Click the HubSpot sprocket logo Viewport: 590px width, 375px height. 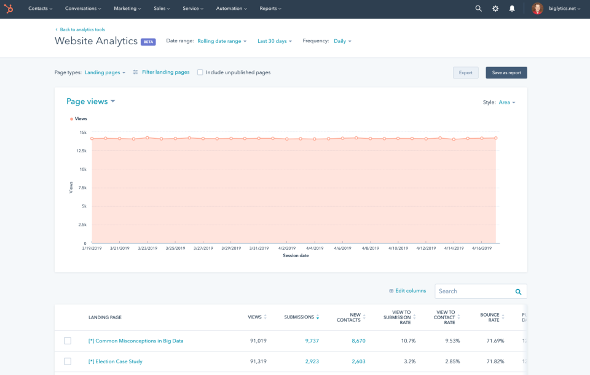(x=9, y=9)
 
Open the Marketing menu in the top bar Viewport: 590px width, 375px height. (x=127, y=9)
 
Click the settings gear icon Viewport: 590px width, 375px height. (x=495, y=9)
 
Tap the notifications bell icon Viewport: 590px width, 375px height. (x=512, y=9)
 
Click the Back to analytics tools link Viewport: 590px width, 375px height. (x=82, y=29)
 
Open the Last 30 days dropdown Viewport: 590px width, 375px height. (x=274, y=41)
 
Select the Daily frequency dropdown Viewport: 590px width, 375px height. (x=342, y=41)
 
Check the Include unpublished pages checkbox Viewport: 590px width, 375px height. (x=200, y=72)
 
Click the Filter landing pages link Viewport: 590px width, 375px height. (x=165, y=72)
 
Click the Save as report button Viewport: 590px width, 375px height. (x=506, y=72)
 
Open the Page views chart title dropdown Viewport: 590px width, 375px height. (x=90, y=101)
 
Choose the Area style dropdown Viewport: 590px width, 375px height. (x=506, y=102)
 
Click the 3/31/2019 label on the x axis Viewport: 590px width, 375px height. (x=259, y=249)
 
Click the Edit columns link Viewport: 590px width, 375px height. (x=407, y=291)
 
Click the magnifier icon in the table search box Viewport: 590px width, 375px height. (x=518, y=292)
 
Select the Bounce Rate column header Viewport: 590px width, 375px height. (x=490, y=317)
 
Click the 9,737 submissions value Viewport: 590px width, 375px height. (x=312, y=341)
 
